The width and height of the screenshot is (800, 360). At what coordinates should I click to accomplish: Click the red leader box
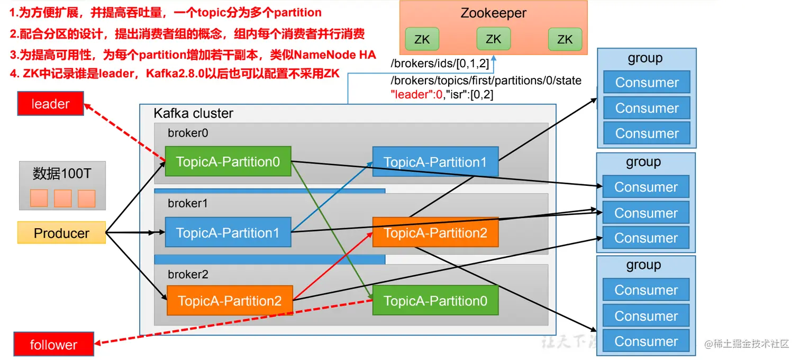point(50,104)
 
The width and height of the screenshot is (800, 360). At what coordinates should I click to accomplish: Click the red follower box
point(53,345)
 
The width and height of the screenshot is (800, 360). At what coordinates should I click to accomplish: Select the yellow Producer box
point(61,233)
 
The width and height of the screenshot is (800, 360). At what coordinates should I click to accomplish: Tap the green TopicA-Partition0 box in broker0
point(228,161)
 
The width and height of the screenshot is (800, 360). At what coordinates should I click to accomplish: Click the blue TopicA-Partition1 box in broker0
point(435,162)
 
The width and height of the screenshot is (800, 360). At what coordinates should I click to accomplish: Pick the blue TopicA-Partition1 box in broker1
point(228,232)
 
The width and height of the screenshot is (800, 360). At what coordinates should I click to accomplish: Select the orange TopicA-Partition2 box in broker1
point(435,232)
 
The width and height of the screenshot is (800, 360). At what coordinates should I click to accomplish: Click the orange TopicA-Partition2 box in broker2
point(230,301)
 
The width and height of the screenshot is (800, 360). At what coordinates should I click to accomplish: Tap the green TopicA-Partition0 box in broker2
point(435,301)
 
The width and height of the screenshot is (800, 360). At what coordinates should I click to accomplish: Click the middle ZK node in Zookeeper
point(493,39)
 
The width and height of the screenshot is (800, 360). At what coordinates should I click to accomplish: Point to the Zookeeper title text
point(493,13)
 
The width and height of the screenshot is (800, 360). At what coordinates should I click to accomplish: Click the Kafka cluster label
point(193,113)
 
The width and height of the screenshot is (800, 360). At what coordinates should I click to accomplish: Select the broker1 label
point(188,203)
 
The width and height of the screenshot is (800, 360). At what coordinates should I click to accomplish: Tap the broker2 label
point(188,274)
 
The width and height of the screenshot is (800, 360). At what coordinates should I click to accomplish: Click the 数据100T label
point(62,174)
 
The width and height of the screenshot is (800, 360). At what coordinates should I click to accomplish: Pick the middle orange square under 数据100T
point(62,199)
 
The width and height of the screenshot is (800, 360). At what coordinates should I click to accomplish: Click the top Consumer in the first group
point(647,83)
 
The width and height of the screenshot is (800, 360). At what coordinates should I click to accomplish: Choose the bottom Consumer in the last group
point(646,341)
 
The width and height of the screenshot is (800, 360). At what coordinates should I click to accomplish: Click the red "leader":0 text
point(415,95)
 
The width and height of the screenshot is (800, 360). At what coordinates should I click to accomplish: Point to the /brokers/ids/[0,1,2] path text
point(439,64)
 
